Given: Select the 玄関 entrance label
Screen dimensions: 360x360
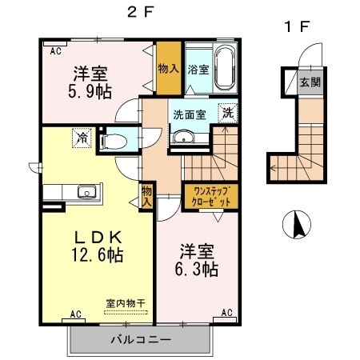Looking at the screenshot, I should pyautogui.click(x=309, y=81).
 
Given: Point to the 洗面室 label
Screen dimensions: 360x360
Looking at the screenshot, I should pyautogui.click(x=189, y=114).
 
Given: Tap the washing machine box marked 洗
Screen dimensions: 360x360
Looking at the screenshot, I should pyautogui.click(x=228, y=114).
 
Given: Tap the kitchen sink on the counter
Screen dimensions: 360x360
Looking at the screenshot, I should pyautogui.click(x=86, y=192).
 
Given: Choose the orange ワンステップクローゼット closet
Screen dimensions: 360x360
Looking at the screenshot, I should pyautogui.click(x=211, y=197).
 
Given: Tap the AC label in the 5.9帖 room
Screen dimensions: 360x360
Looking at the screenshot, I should pyautogui.click(x=56, y=51).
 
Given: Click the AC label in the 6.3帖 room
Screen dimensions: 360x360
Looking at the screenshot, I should pyautogui.click(x=226, y=313).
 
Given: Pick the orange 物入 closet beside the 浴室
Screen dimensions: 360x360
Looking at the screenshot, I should pyautogui.click(x=168, y=70).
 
